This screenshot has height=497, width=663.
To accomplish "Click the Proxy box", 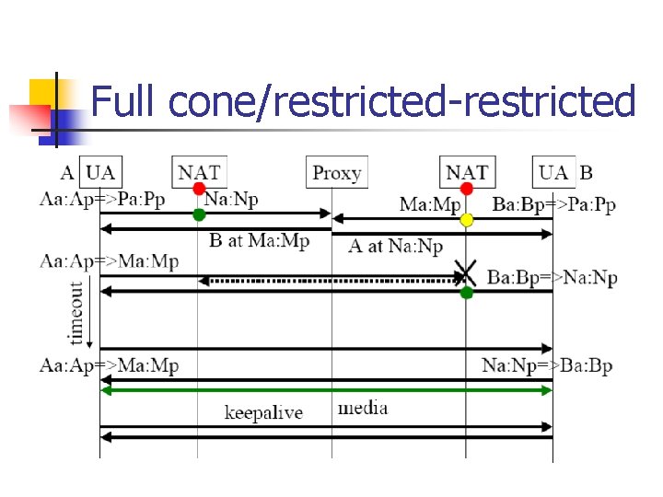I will (x=336, y=172).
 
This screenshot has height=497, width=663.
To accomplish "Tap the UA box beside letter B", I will (x=553, y=172).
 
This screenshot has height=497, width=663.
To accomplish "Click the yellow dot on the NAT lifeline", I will (x=467, y=220).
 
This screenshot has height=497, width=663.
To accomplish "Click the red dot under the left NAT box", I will (x=198, y=189).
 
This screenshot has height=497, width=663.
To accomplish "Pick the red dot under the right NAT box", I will (x=467, y=189).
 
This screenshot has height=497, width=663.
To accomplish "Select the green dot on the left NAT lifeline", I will (x=198, y=214).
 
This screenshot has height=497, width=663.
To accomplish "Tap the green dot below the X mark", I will (x=467, y=293).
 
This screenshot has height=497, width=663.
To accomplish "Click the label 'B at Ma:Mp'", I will (x=260, y=241).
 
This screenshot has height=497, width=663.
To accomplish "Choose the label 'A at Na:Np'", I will (x=396, y=246).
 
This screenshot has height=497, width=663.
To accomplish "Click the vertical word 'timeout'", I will (x=76, y=310).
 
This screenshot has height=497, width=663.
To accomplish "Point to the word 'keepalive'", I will (x=263, y=411).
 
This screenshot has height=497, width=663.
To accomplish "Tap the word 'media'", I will (x=363, y=408).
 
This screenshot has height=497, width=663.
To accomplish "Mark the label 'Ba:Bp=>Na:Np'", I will (x=552, y=277).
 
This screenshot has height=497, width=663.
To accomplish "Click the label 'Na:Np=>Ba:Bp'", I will (x=547, y=366).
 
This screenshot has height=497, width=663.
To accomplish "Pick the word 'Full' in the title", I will (x=126, y=101).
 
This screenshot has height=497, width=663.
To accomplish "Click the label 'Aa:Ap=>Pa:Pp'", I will (x=103, y=200).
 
